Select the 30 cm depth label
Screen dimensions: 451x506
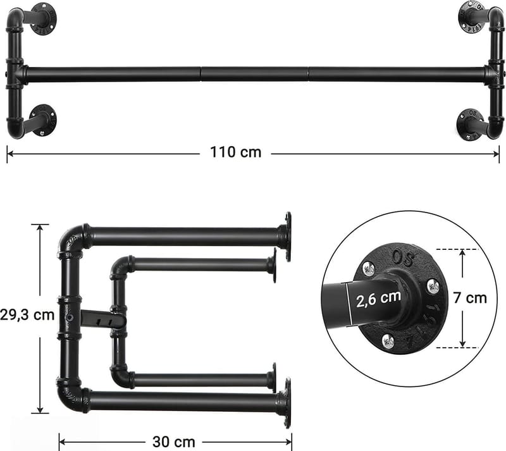pyautogui.click(x=173, y=442)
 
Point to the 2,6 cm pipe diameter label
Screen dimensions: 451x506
pyautogui.click(x=377, y=298)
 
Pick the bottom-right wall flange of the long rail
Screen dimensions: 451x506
pyautogui.click(x=469, y=124)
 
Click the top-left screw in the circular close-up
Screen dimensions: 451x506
pyautogui.click(x=369, y=269)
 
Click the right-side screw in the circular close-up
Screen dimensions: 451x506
pyautogui.click(x=433, y=286)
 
